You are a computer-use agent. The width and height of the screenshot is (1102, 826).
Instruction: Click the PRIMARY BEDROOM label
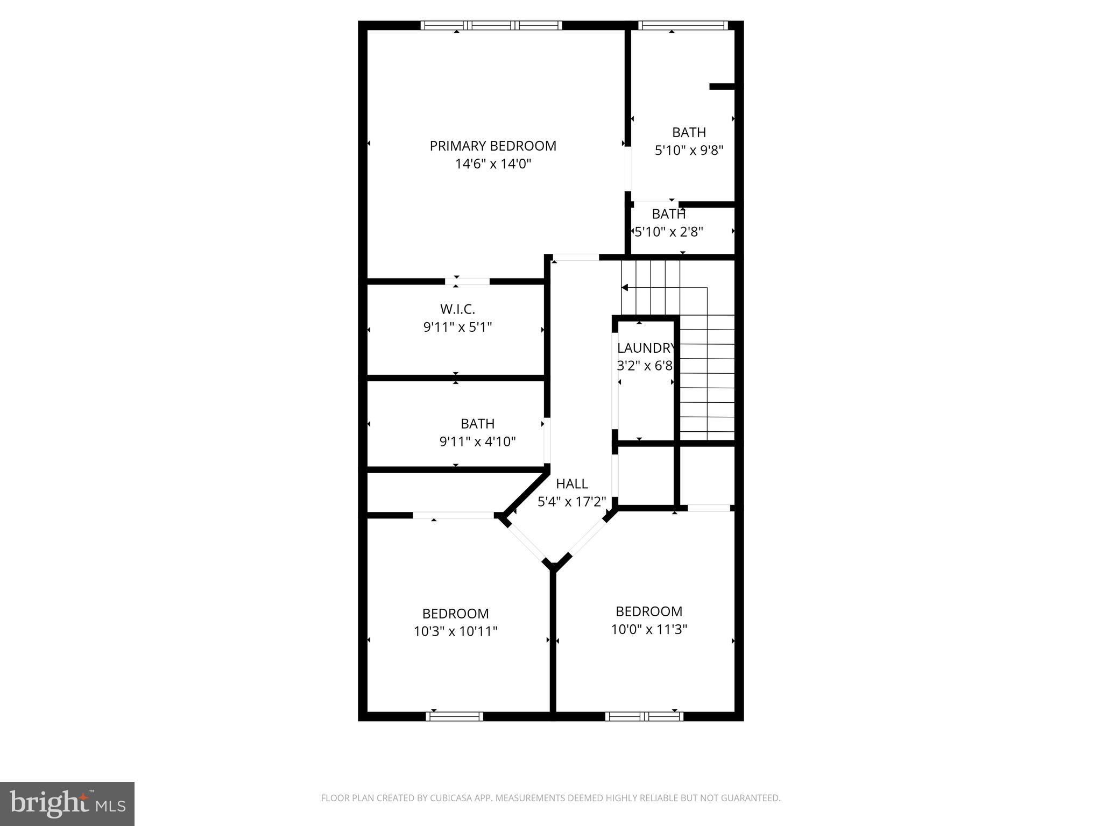492,146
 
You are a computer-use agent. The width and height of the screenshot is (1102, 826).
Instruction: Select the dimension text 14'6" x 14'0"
493,164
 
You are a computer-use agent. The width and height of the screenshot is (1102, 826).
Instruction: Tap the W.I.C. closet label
457,309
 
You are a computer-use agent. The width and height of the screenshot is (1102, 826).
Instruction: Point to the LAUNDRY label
645,348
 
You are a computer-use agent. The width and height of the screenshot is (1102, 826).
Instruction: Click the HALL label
571,483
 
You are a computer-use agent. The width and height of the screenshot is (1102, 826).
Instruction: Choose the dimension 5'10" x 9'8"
688,151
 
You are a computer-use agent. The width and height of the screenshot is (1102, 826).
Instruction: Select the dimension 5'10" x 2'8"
669,232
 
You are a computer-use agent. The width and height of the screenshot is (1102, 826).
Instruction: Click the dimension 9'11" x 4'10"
477,442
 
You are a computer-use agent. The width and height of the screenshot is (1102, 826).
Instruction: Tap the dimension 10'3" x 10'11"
455,631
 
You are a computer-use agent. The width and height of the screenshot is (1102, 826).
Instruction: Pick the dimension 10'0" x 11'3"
649,629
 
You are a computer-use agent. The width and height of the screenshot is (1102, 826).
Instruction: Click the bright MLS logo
67,803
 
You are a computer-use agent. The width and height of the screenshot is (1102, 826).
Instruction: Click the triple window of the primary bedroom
491,25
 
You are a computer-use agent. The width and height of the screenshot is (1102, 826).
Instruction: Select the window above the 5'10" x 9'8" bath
682,25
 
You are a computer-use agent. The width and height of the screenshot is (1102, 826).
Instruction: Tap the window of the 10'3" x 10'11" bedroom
454,716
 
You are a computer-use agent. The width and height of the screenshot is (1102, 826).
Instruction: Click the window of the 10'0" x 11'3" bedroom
644,716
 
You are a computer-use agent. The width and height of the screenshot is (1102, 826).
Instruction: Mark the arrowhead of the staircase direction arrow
624,288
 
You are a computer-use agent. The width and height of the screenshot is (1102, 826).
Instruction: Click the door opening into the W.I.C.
467,281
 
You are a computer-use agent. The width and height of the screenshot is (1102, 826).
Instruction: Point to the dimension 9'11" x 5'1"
457,327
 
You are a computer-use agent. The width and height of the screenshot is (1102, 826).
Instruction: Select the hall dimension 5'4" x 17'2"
571,502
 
